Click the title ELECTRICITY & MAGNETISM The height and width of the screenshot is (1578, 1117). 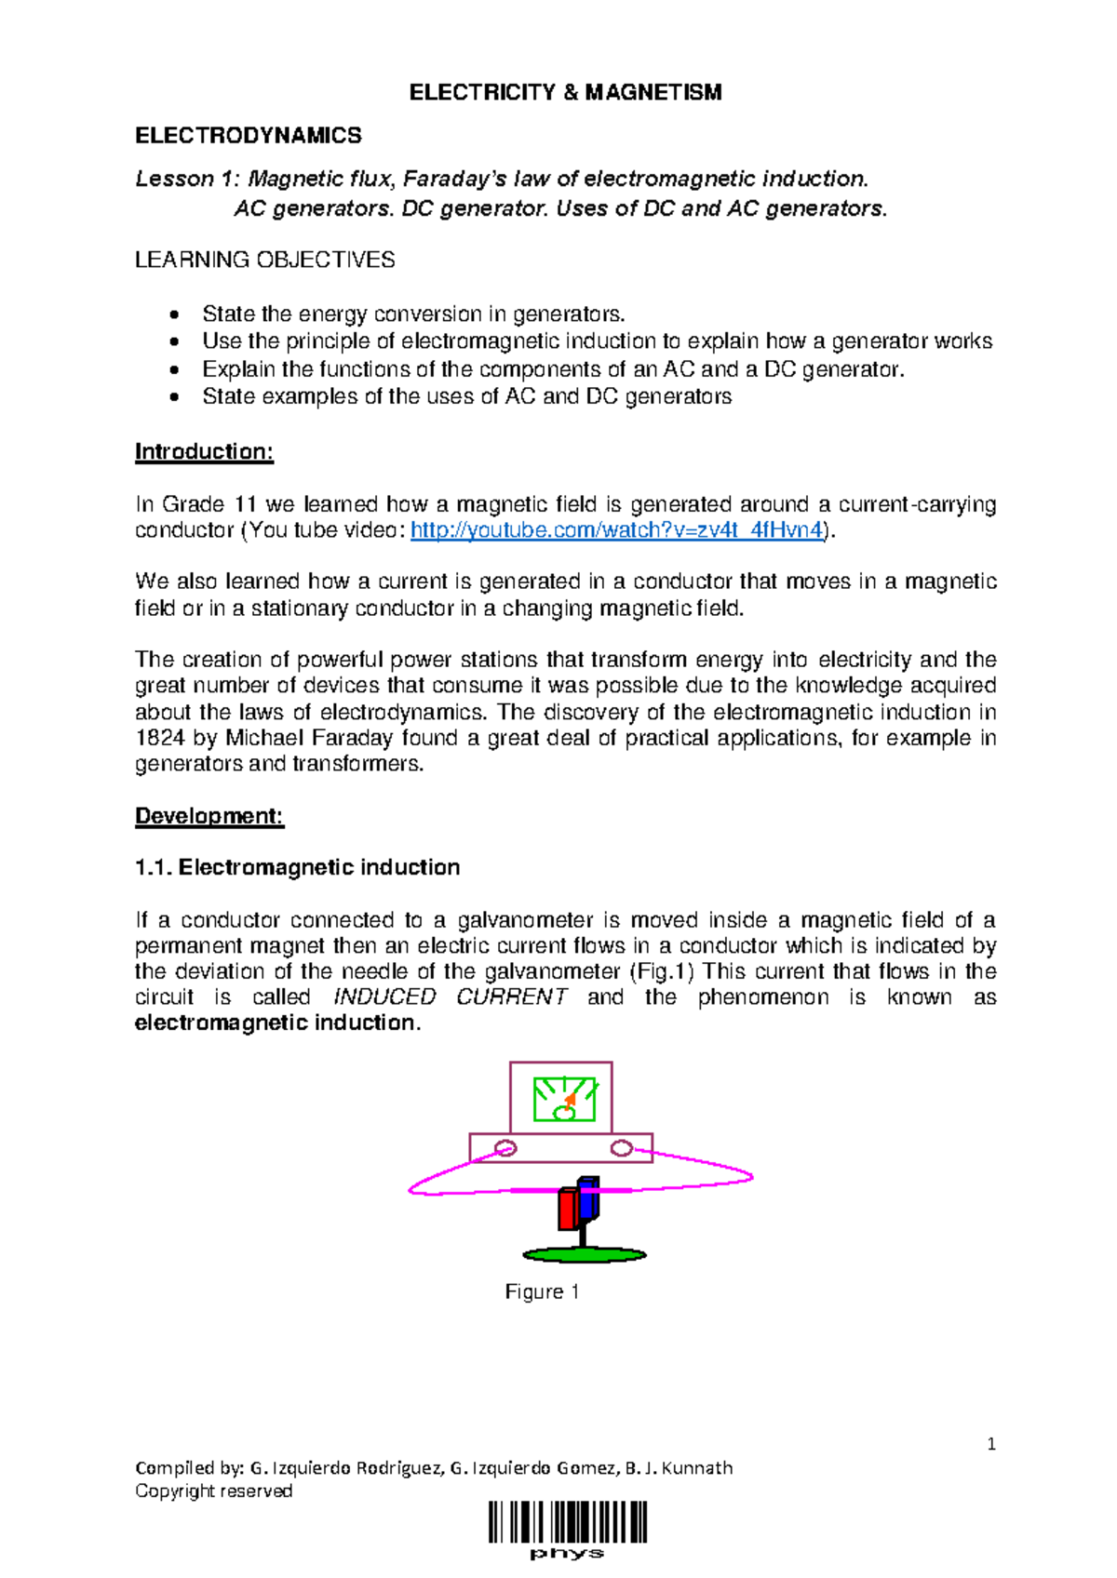565,92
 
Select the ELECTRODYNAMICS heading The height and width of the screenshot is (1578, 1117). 249,136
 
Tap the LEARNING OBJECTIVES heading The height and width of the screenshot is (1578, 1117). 264,260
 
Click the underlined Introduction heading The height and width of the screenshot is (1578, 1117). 204,452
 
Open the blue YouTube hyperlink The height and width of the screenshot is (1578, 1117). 616,530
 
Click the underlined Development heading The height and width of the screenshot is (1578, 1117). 209,816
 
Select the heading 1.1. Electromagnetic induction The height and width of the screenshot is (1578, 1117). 298,867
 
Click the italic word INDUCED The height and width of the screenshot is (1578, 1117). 384,997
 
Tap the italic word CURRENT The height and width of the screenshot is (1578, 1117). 511,997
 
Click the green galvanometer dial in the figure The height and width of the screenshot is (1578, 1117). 564,1099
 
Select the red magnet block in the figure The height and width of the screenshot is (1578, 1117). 568,1209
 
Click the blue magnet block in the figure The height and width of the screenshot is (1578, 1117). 588,1198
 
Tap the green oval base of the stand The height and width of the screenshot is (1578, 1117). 585,1255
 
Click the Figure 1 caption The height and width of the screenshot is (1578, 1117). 542,1291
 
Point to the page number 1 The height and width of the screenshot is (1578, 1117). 991,1444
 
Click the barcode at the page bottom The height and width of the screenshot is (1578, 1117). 568,1523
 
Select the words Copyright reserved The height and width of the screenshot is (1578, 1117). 214,1491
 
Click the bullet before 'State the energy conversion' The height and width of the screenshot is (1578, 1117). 174,314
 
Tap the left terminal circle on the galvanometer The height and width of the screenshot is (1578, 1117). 505,1148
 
